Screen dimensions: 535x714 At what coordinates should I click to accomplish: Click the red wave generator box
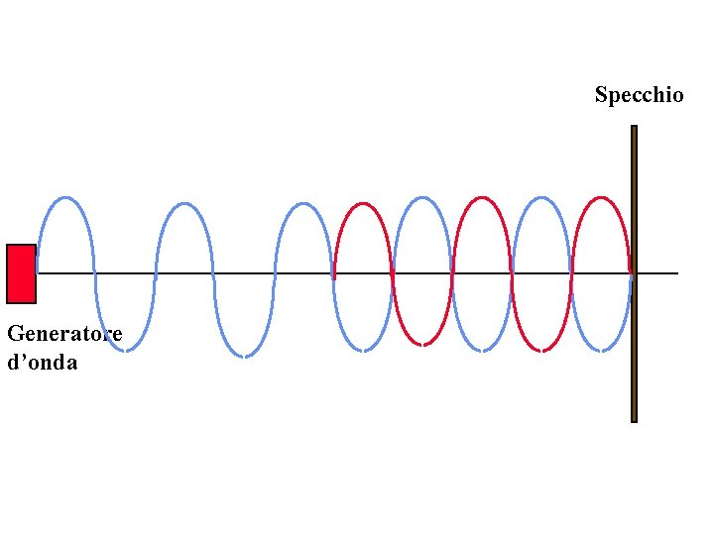(21, 273)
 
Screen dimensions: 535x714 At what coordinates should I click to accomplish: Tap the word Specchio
(639, 95)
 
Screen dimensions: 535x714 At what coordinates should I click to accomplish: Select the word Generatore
(64, 334)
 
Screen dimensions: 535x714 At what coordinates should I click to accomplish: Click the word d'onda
(42, 363)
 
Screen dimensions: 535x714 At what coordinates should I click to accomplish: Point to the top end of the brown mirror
(634, 128)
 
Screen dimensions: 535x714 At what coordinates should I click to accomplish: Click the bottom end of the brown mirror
(634, 419)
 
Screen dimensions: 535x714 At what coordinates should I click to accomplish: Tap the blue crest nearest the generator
(65, 198)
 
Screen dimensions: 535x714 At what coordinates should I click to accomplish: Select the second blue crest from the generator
(184, 204)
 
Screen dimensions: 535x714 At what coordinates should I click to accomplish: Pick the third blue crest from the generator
(303, 204)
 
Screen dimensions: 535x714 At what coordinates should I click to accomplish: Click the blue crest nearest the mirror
(541, 198)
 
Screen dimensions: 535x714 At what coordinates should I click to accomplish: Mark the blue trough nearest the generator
(125, 350)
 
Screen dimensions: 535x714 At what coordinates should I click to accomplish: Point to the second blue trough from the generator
(244, 356)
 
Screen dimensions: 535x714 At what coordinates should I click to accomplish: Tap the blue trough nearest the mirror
(601, 350)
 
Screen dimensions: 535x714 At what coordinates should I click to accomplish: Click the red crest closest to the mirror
(601, 198)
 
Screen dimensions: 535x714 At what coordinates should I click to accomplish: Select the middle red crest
(482, 198)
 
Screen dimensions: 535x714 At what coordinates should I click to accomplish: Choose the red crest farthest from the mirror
(363, 204)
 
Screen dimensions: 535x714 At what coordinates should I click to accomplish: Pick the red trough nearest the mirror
(541, 350)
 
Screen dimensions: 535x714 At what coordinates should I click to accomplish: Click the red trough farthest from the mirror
(422, 345)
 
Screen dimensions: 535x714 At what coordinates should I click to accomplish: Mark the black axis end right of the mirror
(676, 273)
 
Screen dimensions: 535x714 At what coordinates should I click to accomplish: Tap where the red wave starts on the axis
(334, 273)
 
